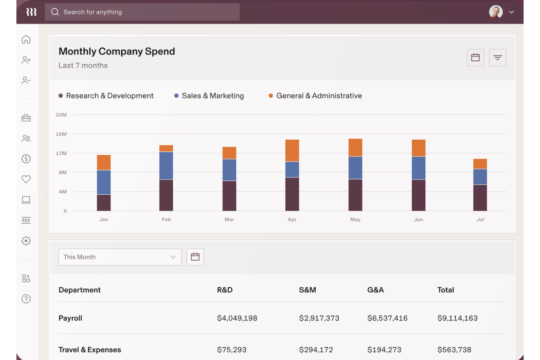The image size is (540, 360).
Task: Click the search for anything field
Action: (x=142, y=12)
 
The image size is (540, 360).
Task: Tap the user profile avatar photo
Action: (x=495, y=12)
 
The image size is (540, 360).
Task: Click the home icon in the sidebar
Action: (x=26, y=39)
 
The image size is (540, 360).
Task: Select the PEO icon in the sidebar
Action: (x=26, y=220)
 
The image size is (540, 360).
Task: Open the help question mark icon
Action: (x=26, y=299)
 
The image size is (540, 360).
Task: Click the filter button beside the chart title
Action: (x=497, y=58)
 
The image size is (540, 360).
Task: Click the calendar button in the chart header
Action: (x=475, y=58)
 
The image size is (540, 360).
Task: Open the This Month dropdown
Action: (x=120, y=257)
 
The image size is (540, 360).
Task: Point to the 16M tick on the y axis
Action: (x=61, y=134)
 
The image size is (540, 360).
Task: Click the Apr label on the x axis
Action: (x=292, y=220)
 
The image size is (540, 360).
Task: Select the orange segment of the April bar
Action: (x=292, y=151)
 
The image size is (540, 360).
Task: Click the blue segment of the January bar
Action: (x=104, y=182)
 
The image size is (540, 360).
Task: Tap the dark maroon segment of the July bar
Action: (x=480, y=198)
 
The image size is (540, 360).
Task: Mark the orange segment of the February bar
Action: (x=166, y=148)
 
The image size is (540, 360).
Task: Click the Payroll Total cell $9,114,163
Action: (x=457, y=318)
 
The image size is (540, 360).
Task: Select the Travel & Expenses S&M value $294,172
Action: (x=316, y=350)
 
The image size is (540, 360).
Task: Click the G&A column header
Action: (x=375, y=290)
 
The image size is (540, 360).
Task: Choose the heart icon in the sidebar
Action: (x=26, y=179)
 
